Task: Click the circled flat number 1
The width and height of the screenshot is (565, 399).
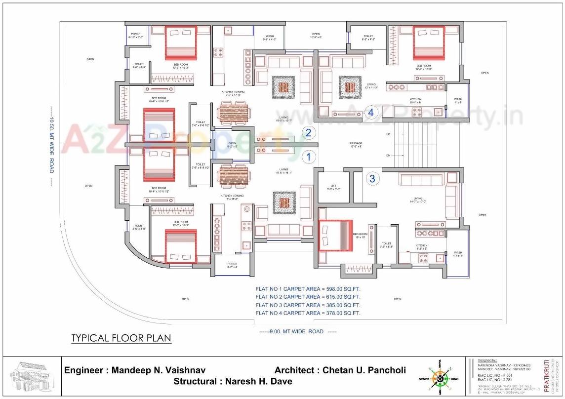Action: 309,157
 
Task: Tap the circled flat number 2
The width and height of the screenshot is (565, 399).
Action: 309,132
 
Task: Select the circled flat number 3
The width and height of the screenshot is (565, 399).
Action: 372,178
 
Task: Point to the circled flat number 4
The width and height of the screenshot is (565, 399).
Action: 371,112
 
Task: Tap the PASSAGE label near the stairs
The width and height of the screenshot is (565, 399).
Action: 356,145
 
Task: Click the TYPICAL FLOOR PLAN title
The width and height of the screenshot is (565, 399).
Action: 121,338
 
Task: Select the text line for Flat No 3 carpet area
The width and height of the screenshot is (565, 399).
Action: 308,305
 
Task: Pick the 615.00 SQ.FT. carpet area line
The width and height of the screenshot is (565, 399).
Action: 308,297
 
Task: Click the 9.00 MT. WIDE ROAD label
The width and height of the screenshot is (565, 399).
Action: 298,332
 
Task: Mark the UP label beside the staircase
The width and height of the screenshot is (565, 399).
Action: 388,134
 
